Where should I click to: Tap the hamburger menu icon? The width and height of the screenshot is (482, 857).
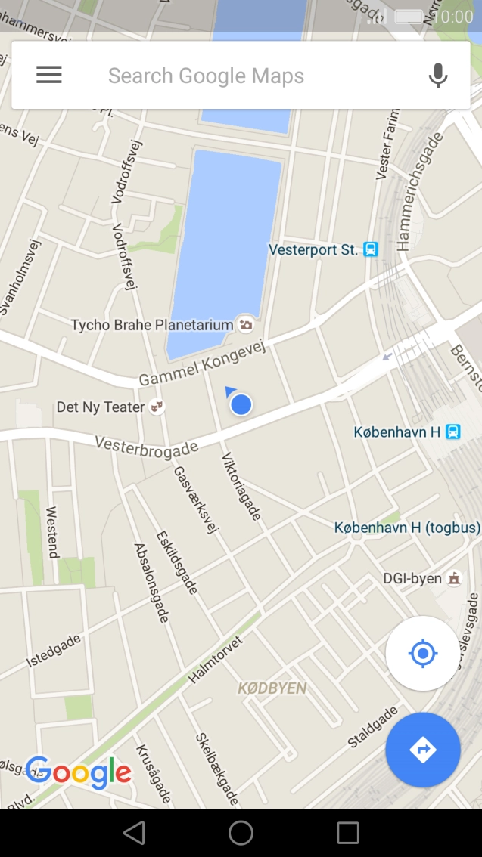(x=49, y=75)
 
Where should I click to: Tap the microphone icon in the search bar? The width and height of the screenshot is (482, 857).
(x=437, y=76)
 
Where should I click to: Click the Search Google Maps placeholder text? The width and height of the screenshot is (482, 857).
(x=206, y=76)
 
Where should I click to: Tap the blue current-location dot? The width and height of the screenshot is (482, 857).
(x=241, y=404)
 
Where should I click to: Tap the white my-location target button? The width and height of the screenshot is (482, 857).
(x=423, y=653)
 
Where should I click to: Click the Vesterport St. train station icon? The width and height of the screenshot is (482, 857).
(x=371, y=249)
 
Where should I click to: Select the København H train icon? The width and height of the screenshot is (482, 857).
(x=452, y=432)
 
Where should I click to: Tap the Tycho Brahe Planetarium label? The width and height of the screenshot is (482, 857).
(x=151, y=325)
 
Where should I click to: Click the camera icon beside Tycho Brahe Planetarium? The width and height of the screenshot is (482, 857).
(x=246, y=325)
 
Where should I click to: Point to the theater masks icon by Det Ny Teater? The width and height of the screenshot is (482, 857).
(x=157, y=407)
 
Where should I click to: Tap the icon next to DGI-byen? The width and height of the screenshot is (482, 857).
(x=454, y=579)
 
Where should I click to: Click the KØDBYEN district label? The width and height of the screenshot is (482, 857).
(x=272, y=688)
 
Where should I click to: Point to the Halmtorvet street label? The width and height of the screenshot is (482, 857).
(x=216, y=660)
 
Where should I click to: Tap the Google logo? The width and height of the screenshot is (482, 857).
(x=78, y=772)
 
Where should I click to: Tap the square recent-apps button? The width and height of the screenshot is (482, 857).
(x=348, y=833)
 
